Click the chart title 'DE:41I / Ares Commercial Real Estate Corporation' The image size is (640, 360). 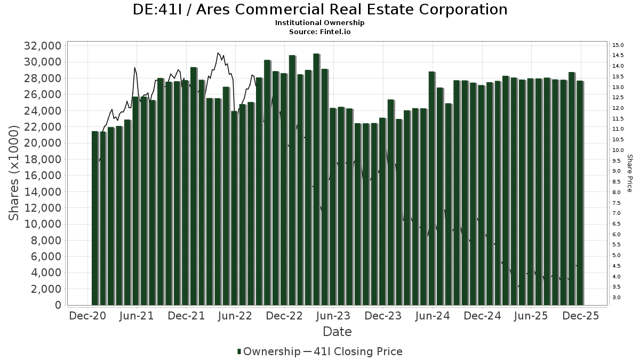[x=320, y=10]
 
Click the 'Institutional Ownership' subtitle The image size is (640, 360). [x=320, y=23]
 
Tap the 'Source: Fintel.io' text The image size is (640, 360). [x=320, y=31]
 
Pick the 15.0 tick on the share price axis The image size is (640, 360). [x=618, y=45]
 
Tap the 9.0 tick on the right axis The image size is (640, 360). [x=617, y=171]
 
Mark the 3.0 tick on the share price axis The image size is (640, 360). [x=617, y=297]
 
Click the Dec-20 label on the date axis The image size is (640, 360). [x=87, y=316]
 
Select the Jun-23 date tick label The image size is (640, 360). [x=333, y=316]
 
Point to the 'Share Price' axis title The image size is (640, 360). [x=629, y=173]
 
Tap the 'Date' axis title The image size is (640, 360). [x=337, y=332]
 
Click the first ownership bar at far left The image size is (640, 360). [x=95, y=218]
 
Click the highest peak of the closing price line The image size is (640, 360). [x=218, y=53]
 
